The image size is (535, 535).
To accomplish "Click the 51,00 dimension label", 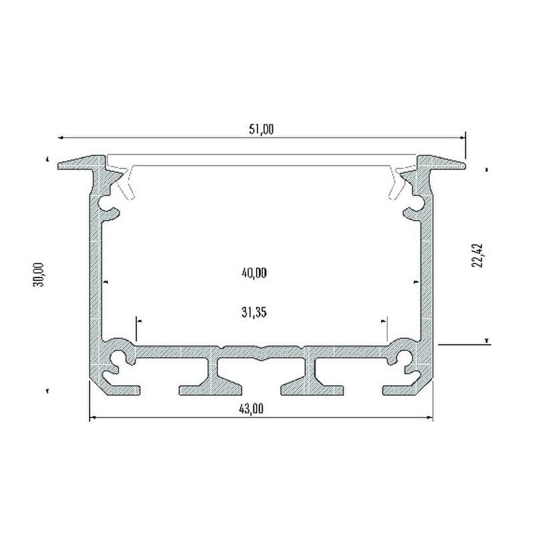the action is pyautogui.click(x=261, y=130).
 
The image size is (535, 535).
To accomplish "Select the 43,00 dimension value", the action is pyautogui.click(x=251, y=409).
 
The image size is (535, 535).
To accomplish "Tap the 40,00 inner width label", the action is pyautogui.click(x=254, y=273).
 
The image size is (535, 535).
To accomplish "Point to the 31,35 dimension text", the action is pyautogui.click(x=254, y=312).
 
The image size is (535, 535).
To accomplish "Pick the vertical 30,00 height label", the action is pyautogui.click(x=39, y=275).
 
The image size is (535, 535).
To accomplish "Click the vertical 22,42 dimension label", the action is pyautogui.click(x=477, y=255).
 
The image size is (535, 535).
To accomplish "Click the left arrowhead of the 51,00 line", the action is pyautogui.click(x=60, y=138).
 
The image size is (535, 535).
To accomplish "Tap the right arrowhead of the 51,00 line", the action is pyautogui.click(x=462, y=138).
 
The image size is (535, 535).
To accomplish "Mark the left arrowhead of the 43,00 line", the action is pyautogui.click(x=92, y=417).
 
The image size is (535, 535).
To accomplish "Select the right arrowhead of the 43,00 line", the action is pyautogui.click(x=429, y=417).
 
